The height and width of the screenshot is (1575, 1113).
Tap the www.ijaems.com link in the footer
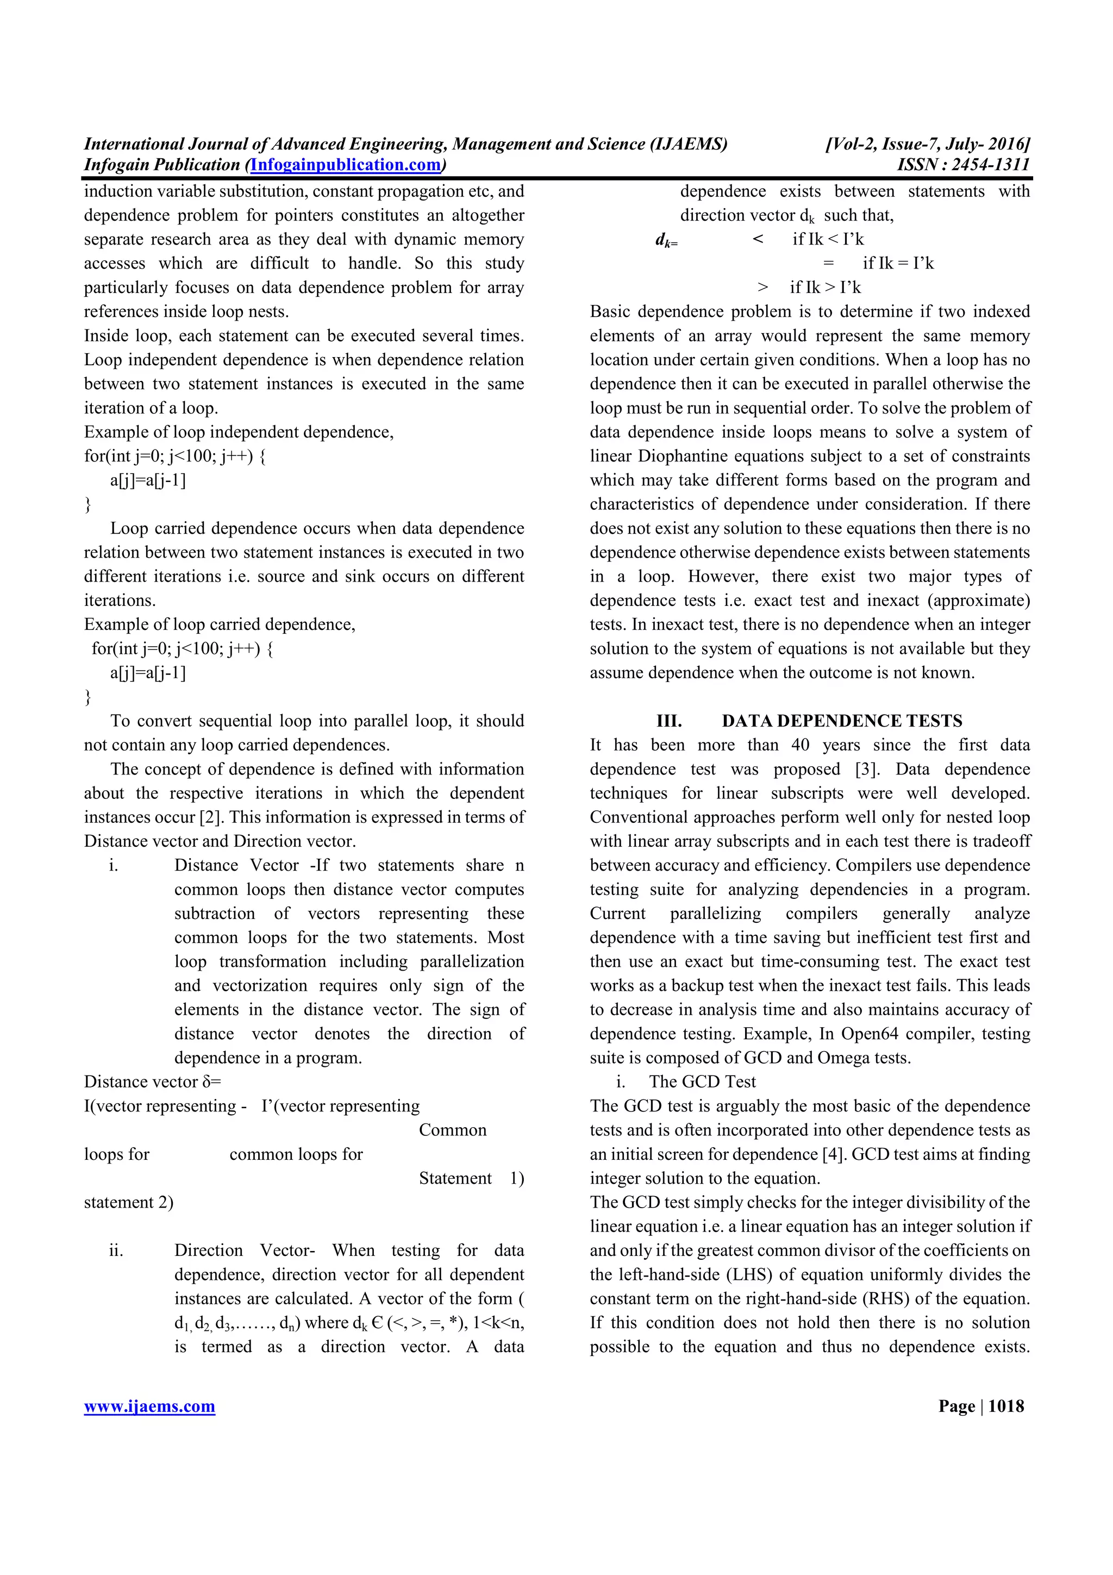pyautogui.click(x=149, y=1407)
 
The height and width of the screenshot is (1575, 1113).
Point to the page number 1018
pyautogui.click(x=1006, y=1407)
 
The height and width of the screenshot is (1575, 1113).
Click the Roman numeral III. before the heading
pyautogui.click(x=668, y=721)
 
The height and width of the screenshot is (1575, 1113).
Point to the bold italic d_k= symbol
pyautogui.click(x=666, y=240)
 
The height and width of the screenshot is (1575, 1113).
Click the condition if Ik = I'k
pyautogui.click(x=898, y=264)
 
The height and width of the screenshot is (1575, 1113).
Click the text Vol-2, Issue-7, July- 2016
pyautogui.click(x=928, y=144)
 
